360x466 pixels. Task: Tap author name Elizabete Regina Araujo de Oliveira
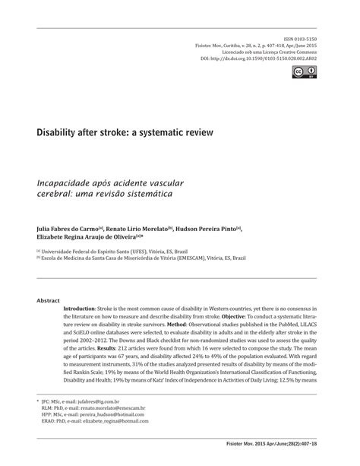[x=89, y=237]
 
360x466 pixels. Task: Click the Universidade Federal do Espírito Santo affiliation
[x=106, y=249]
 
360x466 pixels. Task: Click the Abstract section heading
[x=49, y=300]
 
